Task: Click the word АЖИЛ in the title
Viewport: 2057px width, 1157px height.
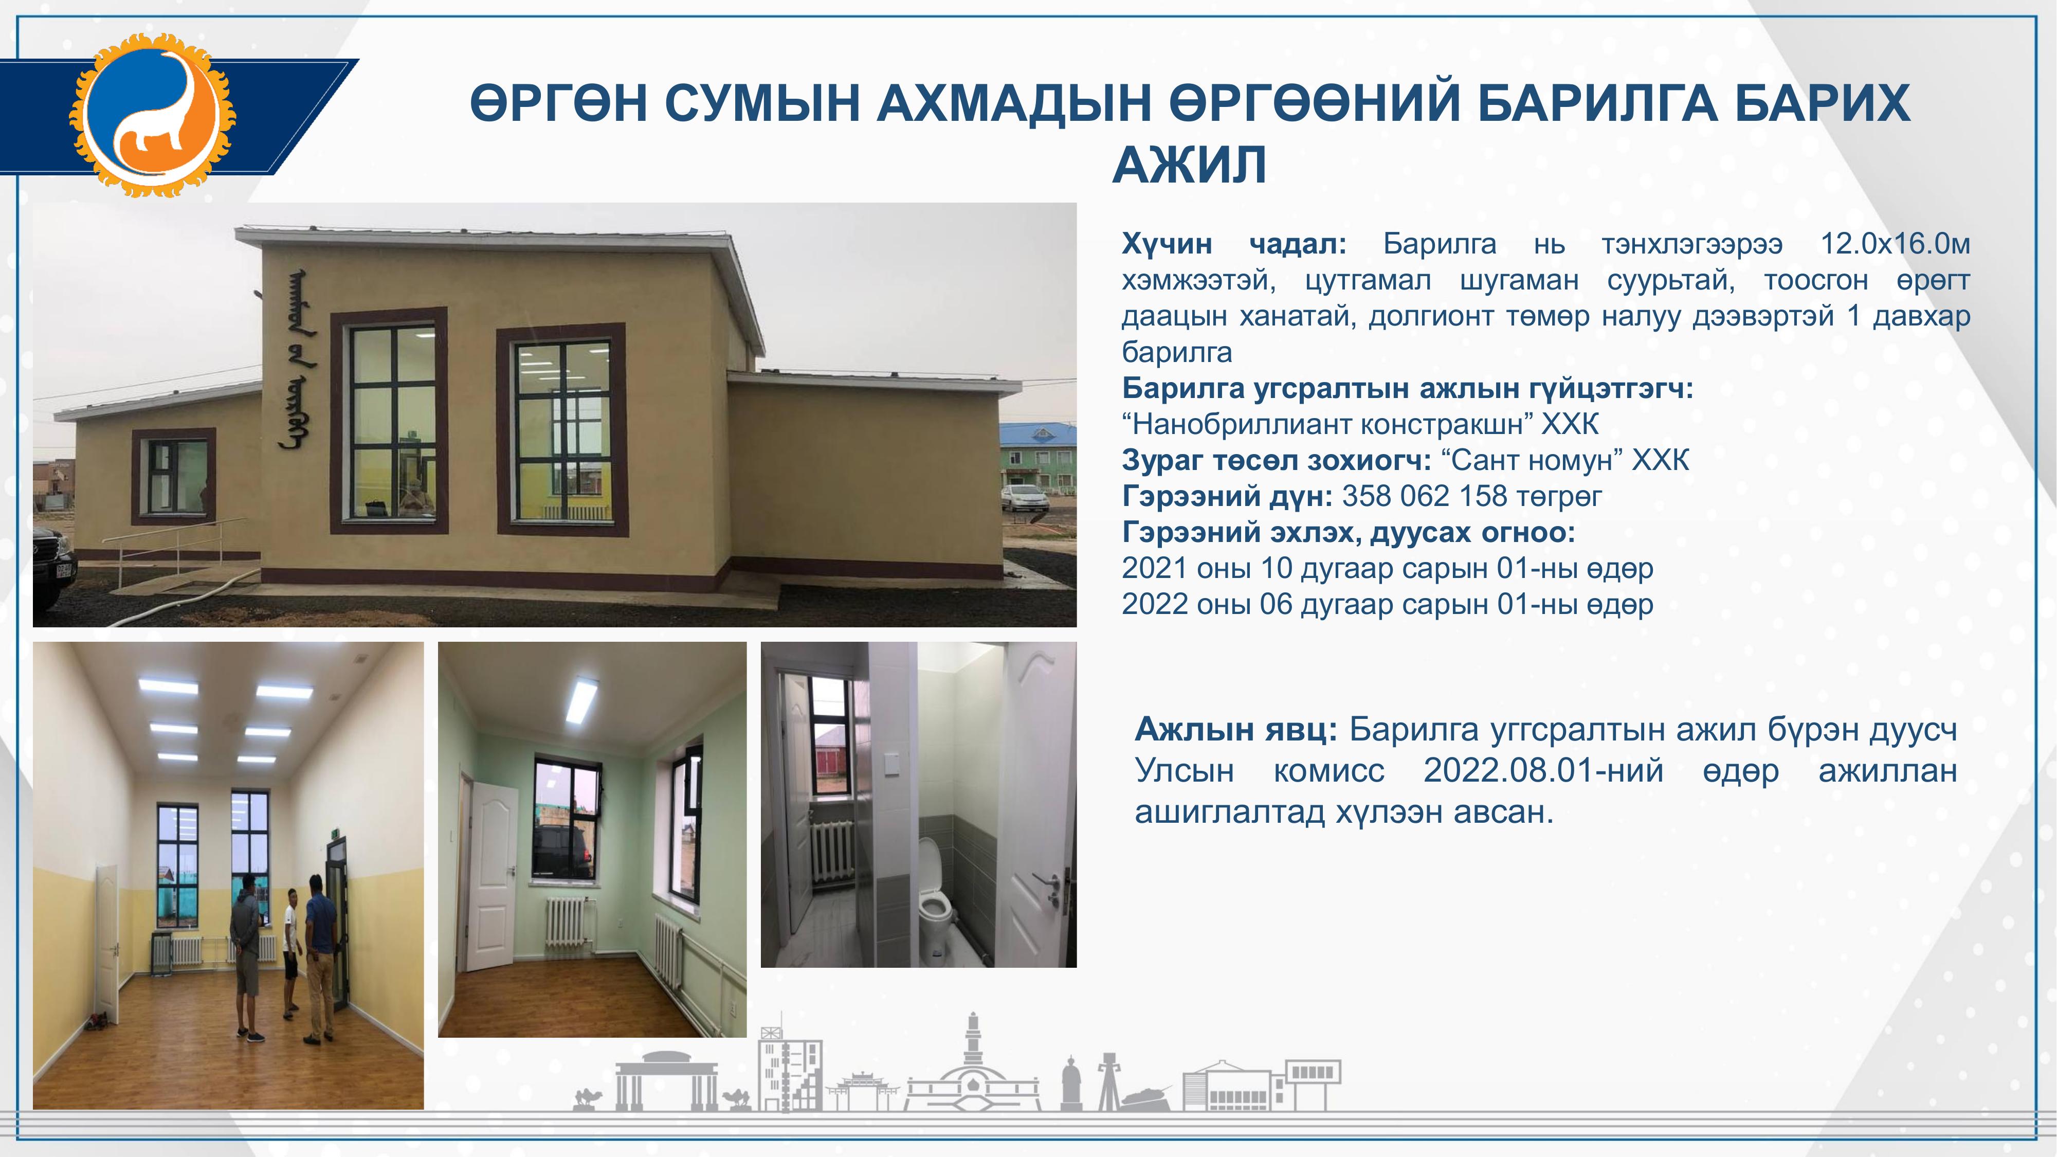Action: pos(1189,165)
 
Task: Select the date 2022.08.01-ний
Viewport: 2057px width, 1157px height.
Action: pos(1543,770)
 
